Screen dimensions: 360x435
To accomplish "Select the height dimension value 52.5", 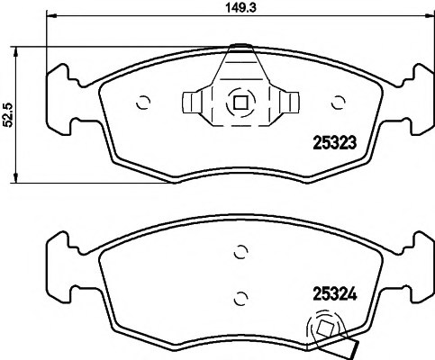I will [x=8, y=115].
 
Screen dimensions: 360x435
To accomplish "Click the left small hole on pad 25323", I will [x=141, y=102].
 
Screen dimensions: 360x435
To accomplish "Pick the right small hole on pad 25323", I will [x=339, y=102].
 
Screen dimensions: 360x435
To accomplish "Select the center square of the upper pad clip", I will [x=240, y=102].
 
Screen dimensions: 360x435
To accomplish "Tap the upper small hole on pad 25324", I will [x=240, y=252].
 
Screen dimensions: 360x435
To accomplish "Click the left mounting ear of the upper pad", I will [x=60, y=86].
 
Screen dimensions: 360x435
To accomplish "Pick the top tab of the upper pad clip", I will [x=240, y=49].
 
